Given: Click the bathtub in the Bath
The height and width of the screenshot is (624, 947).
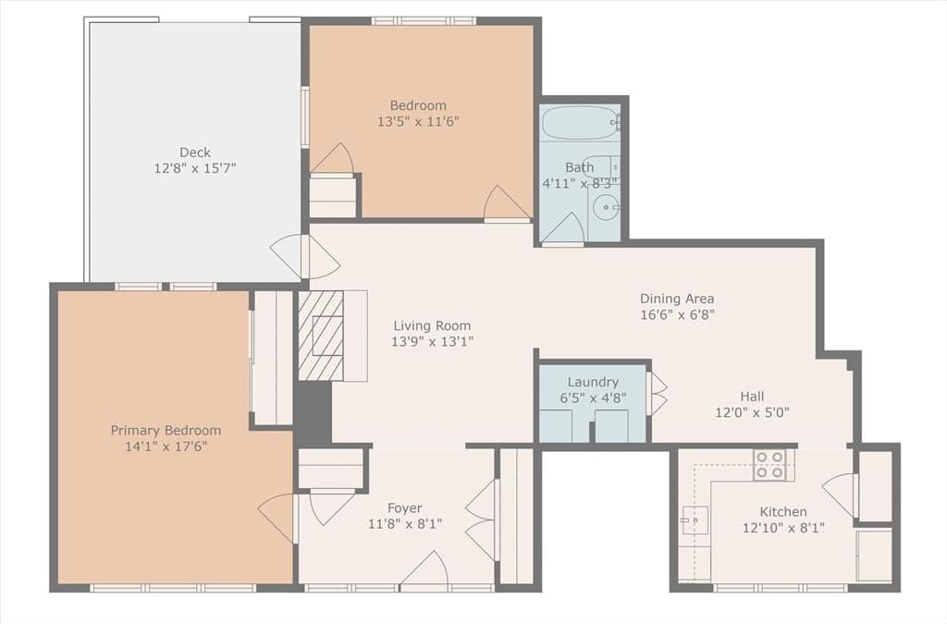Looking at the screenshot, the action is (x=579, y=123).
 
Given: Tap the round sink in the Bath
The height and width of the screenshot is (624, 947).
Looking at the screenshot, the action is (x=605, y=208).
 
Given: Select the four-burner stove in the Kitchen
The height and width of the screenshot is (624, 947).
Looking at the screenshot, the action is (x=769, y=465).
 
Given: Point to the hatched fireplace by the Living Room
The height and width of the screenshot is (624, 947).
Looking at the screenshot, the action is (x=321, y=336).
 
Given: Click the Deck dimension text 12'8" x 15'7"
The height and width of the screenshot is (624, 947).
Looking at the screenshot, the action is (x=194, y=168).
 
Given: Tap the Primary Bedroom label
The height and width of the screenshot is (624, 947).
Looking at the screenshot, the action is (x=166, y=430).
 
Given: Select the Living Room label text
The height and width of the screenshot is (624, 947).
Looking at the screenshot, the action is (x=432, y=326).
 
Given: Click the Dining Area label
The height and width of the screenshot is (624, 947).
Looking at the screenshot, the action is (x=677, y=298).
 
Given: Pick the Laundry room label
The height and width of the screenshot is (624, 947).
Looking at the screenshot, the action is (x=593, y=382).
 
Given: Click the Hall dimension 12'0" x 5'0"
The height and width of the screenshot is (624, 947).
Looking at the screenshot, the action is (x=752, y=413).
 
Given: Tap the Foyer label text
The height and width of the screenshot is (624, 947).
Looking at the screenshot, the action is (x=405, y=508).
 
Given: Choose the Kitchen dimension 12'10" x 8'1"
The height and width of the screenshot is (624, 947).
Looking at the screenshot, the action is (x=783, y=528).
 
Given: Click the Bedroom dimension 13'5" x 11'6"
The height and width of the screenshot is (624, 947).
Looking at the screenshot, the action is (x=418, y=121).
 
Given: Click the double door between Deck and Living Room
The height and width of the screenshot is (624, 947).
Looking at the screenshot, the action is (x=305, y=256).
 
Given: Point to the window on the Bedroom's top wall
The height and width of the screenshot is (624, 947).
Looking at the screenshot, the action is (x=424, y=21).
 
